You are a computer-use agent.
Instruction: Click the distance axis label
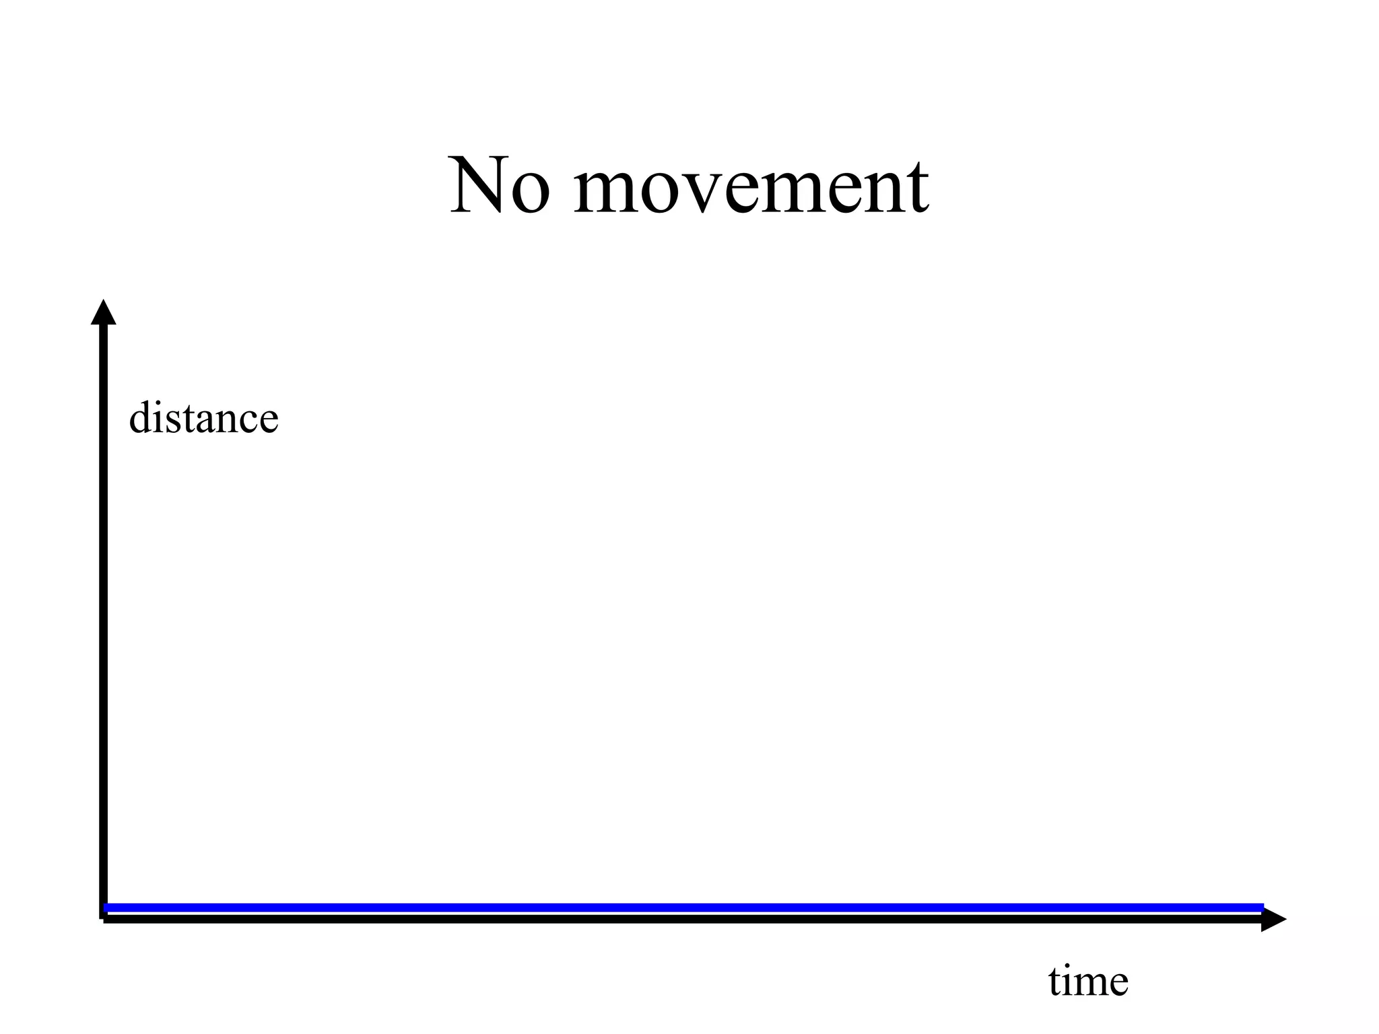pyautogui.click(x=203, y=418)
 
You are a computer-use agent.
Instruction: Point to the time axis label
pyautogui.click(x=1088, y=981)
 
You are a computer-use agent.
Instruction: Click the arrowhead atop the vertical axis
pyautogui.click(x=104, y=313)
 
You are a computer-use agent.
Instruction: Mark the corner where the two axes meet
pyautogui.click(x=104, y=918)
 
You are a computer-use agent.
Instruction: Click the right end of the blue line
pyautogui.click(x=1261, y=907)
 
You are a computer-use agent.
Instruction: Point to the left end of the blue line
pyautogui.click(x=108, y=907)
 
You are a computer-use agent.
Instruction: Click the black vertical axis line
pyautogui.click(x=104, y=606)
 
